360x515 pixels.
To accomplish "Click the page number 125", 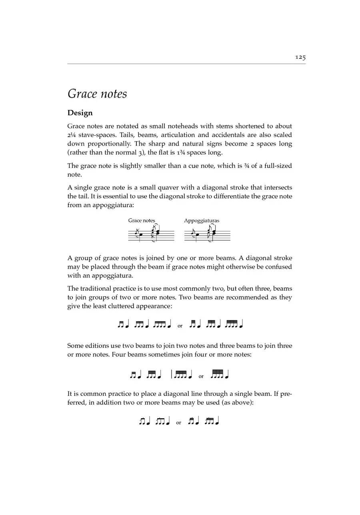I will pos(300,58).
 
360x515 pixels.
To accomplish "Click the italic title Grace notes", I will pos(97,94).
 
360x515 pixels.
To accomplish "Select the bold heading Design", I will pos(80,113).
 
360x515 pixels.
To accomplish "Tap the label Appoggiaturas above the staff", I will pos(202,221).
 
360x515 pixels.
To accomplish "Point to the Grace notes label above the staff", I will pos(142,221).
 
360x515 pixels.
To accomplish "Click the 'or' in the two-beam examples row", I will pos(180,326).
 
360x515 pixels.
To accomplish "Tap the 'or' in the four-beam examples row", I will pos(201,376).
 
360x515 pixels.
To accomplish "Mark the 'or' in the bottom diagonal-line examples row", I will pos(179,423).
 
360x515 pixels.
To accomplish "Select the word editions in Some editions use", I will pos(97,345).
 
